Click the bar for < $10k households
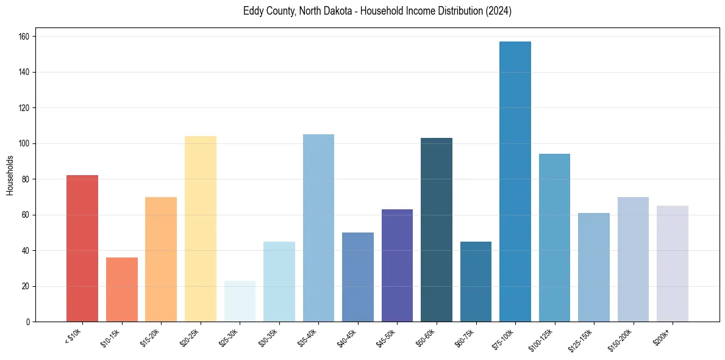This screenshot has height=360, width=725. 82,248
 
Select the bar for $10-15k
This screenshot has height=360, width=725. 122,290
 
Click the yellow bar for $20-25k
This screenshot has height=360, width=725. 201,229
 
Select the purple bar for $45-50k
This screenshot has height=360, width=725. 397,265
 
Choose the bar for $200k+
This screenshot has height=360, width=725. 673,264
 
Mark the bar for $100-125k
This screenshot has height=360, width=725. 554,238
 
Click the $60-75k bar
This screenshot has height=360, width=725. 476,282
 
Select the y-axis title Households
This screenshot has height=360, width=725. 10,175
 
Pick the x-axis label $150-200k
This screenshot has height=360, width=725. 623,339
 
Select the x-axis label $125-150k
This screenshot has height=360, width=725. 584,339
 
